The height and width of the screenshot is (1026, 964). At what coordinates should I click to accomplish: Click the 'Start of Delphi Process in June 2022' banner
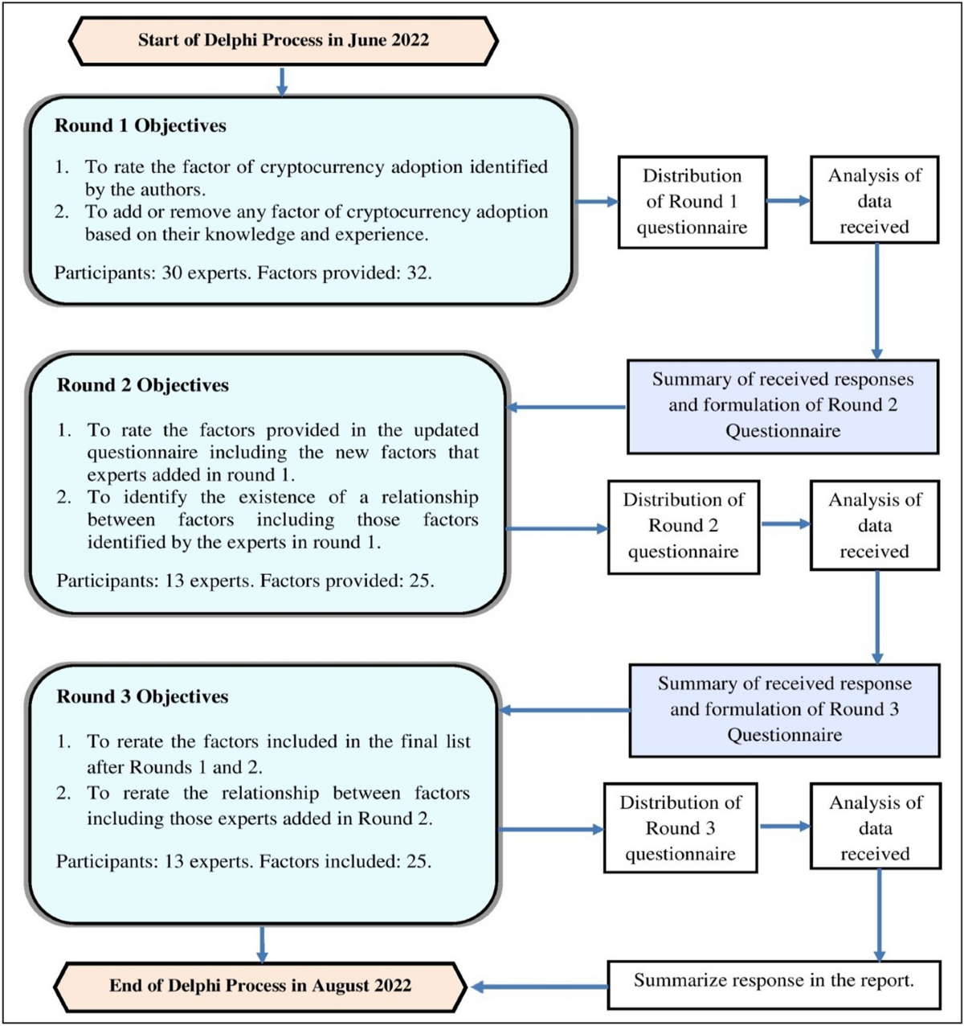click(x=283, y=40)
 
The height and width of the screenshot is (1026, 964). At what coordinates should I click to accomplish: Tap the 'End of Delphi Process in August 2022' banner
click(x=260, y=986)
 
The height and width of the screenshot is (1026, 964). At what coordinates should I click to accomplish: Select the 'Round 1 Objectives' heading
click(x=141, y=126)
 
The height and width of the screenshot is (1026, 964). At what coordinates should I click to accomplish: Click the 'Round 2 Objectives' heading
click(x=143, y=386)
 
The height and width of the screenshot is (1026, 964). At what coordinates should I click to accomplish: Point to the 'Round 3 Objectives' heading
click(x=142, y=697)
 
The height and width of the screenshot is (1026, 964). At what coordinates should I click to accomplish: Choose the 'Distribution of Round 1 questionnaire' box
click(x=692, y=202)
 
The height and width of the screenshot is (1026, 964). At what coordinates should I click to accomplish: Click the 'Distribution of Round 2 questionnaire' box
click(x=683, y=527)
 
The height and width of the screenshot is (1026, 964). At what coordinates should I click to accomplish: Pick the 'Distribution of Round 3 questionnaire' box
click(x=680, y=828)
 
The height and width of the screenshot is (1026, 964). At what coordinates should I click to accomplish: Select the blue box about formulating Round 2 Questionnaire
click(x=782, y=406)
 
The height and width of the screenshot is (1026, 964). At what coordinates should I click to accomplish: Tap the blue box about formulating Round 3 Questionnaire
click(x=784, y=710)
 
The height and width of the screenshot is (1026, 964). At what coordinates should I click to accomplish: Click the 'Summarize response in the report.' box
click(x=774, y=982)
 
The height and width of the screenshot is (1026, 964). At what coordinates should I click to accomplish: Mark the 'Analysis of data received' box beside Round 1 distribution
click(x=874, y=201)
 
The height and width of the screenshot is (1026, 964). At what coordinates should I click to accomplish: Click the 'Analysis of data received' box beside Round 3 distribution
click(x=875, y=828)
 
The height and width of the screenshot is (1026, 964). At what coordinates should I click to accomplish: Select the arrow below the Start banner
click(x=282, y=82)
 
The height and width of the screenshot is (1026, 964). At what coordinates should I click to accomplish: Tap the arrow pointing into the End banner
click(x=538, y=987)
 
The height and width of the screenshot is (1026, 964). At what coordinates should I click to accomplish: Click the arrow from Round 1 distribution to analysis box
click(x=787, y=201)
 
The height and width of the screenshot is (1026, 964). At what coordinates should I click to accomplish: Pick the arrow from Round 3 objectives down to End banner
click(x=262, y=944)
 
